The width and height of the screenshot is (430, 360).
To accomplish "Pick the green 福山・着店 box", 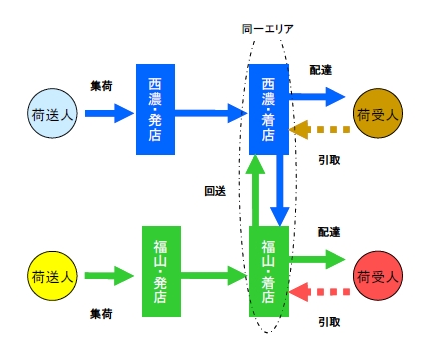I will pyautogui.click(x=269, y=271).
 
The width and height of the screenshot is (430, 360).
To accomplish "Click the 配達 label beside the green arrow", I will pyautogui.click(x=329, y=231).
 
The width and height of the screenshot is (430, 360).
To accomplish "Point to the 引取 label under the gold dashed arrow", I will pyautogui.click(x=329, y=158).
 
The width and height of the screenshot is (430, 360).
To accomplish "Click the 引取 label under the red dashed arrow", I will pyautogui.click(x=329, y=321).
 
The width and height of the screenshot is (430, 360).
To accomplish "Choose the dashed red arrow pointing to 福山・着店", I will pyautogui.click(x=319, y=292).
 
